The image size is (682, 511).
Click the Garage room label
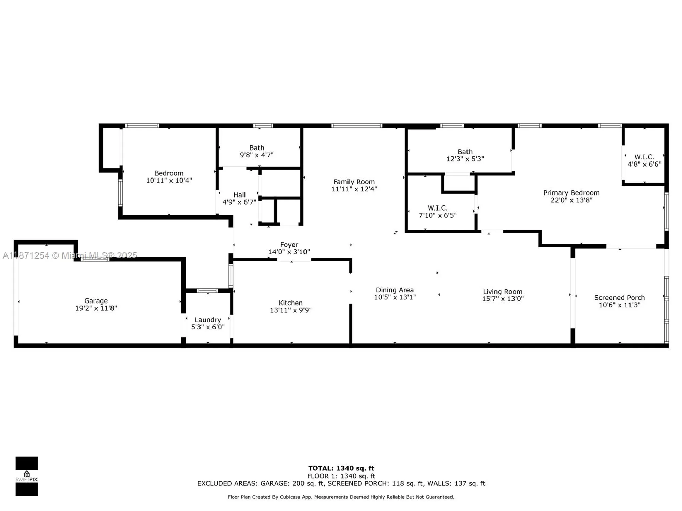96,301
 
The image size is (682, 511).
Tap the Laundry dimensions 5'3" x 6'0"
208,327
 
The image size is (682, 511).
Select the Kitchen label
291,303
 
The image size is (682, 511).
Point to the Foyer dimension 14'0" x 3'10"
289,252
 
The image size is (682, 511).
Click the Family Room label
354,182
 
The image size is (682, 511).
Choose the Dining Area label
395,290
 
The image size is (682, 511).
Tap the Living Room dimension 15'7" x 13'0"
503,299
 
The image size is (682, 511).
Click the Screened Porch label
619,298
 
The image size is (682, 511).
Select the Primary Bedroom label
571,193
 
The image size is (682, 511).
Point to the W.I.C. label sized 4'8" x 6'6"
644,157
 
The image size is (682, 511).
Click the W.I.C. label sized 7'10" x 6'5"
438,208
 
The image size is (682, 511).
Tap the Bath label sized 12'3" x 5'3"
465,152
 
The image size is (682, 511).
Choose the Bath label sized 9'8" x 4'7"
256,148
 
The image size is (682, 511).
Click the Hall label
239,195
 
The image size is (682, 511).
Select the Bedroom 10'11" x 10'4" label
169,173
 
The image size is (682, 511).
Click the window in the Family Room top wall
357,126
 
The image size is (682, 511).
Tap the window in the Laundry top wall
207,291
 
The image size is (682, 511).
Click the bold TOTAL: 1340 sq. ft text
341,468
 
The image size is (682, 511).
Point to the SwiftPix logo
27,476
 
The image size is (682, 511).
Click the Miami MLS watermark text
70,255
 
